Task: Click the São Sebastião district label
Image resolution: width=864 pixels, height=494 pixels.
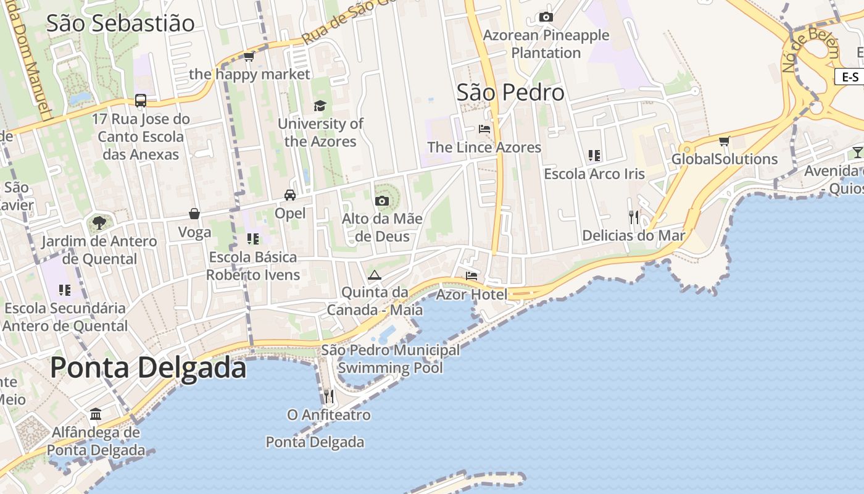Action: [120, 23]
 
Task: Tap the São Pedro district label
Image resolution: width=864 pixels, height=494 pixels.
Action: [510, 93]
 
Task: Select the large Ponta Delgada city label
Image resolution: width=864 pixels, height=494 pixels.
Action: [148, 367]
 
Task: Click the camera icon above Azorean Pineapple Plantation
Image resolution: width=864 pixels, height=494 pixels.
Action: [546, 17]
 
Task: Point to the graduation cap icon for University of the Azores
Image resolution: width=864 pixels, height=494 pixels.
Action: [320, 106]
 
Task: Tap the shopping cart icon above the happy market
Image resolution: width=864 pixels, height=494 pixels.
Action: [249, 57]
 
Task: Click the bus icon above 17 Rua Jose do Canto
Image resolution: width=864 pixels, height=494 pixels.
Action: [141, 101]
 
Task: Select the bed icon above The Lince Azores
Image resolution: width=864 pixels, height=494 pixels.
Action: [484, 129]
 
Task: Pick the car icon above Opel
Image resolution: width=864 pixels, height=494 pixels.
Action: [289, 195]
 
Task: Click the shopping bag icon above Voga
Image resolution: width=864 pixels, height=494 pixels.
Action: [194, 214]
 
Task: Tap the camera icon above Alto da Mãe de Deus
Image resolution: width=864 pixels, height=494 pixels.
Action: [382, 201]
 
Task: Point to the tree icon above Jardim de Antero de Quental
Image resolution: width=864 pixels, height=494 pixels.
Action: [99, 222]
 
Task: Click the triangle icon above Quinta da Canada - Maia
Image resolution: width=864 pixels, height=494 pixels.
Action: [374, 275]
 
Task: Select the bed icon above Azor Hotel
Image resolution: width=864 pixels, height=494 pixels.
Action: [471, 276]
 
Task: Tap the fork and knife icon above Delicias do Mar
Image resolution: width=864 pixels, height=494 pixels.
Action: [634, 217]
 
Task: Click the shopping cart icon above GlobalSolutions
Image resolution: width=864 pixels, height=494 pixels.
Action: [725, 141]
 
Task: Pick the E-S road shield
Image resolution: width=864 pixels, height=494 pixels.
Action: [850, 77]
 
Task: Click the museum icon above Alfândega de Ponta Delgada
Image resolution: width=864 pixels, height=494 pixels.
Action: [96, 414]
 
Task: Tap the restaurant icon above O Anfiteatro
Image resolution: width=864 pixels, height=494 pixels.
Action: [329, 396]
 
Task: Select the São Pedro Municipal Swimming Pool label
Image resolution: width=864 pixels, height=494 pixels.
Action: [391, 359]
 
